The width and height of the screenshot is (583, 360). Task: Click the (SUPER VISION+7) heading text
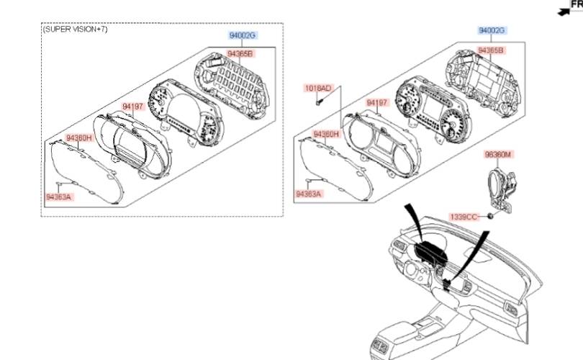75,30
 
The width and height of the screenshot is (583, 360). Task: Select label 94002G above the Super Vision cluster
243,35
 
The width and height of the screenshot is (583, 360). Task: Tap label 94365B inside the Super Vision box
241,53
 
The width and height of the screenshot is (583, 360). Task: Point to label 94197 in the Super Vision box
133,107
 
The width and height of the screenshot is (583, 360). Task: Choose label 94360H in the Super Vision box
79,137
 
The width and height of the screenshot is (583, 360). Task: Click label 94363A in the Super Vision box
58,197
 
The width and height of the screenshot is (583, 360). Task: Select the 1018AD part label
318,89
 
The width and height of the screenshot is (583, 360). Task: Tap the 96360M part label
498,155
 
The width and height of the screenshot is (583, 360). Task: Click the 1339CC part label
464,217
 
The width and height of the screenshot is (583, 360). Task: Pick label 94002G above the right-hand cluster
492,31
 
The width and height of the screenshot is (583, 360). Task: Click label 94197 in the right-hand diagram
377,103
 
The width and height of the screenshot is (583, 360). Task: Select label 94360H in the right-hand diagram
325,134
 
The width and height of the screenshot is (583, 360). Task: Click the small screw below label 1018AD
318,101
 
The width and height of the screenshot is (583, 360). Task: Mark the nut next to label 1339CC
490,216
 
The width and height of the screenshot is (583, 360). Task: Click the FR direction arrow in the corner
564,11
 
